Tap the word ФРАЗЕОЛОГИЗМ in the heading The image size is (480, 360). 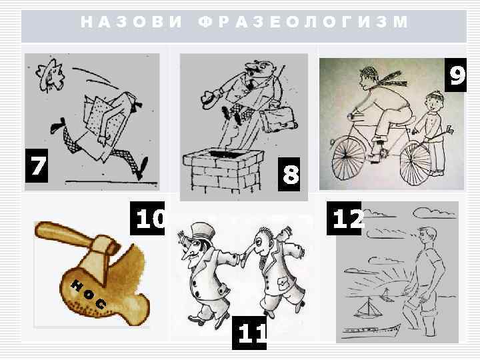[x=303, y=22]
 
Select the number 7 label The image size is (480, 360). [x=37, y=166]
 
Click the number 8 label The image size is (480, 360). [x=291, y=175]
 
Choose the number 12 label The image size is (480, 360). [x=345, y=217]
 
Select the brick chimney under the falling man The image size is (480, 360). [x=222, y=169]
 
